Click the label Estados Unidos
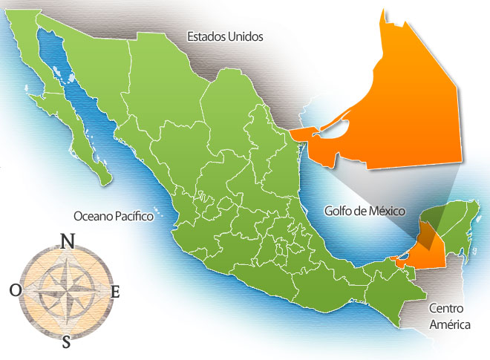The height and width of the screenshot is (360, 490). click(x=225, y=36)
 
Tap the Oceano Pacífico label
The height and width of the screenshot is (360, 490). click(x=113, y=216)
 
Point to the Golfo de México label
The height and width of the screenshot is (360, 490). click(x=365, y=211)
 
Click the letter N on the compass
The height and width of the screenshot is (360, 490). click(x=66, y=240)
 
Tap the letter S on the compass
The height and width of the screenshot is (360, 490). click(x=66, y=341)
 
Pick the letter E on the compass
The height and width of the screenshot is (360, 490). click(x=115, y=292)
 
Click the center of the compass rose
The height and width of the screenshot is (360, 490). click(x=65, y=291)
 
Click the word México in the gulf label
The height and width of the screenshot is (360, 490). click(x=386, y=211)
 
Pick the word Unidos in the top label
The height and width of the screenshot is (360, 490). click(x=246, y=36)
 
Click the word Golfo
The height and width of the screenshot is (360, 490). click(x=339, y=211)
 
